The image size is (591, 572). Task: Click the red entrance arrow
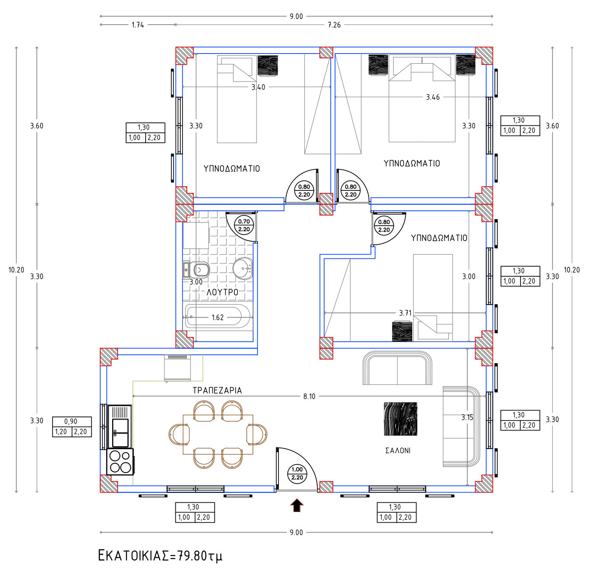click(x=297, y=505)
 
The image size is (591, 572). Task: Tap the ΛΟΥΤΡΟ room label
click(x=222, y=292)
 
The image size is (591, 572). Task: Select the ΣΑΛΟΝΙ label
click(x=398, y=450)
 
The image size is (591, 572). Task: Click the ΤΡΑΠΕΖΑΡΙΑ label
click(x=217, y=391)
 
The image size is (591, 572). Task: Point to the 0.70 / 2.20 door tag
click(x=244, y=226)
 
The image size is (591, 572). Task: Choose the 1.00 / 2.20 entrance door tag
click(x=297, y=473)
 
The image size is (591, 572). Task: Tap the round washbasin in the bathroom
click(x=243, y=269)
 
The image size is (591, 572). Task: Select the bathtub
click(x=217, y=316)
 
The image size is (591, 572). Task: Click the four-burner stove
click(x=120, y=462)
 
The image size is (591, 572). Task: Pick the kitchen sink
click(x=120, y=427)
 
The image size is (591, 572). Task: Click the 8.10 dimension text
click(x=309, y=396)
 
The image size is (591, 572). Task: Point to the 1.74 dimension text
click(x=138, y=25)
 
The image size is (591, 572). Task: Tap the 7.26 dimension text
click(x=334, y=25)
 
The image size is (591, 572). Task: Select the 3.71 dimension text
click(x=405, y=313)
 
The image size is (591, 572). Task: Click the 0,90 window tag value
click(x=71, y=421)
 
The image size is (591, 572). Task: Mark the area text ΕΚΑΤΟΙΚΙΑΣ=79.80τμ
click(x=160, y=555)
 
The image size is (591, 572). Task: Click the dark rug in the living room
click(x=400, y=419)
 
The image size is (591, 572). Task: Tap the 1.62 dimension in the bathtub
click(x=217, y=317)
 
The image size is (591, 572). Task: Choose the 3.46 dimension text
click(x=433, y=97)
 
